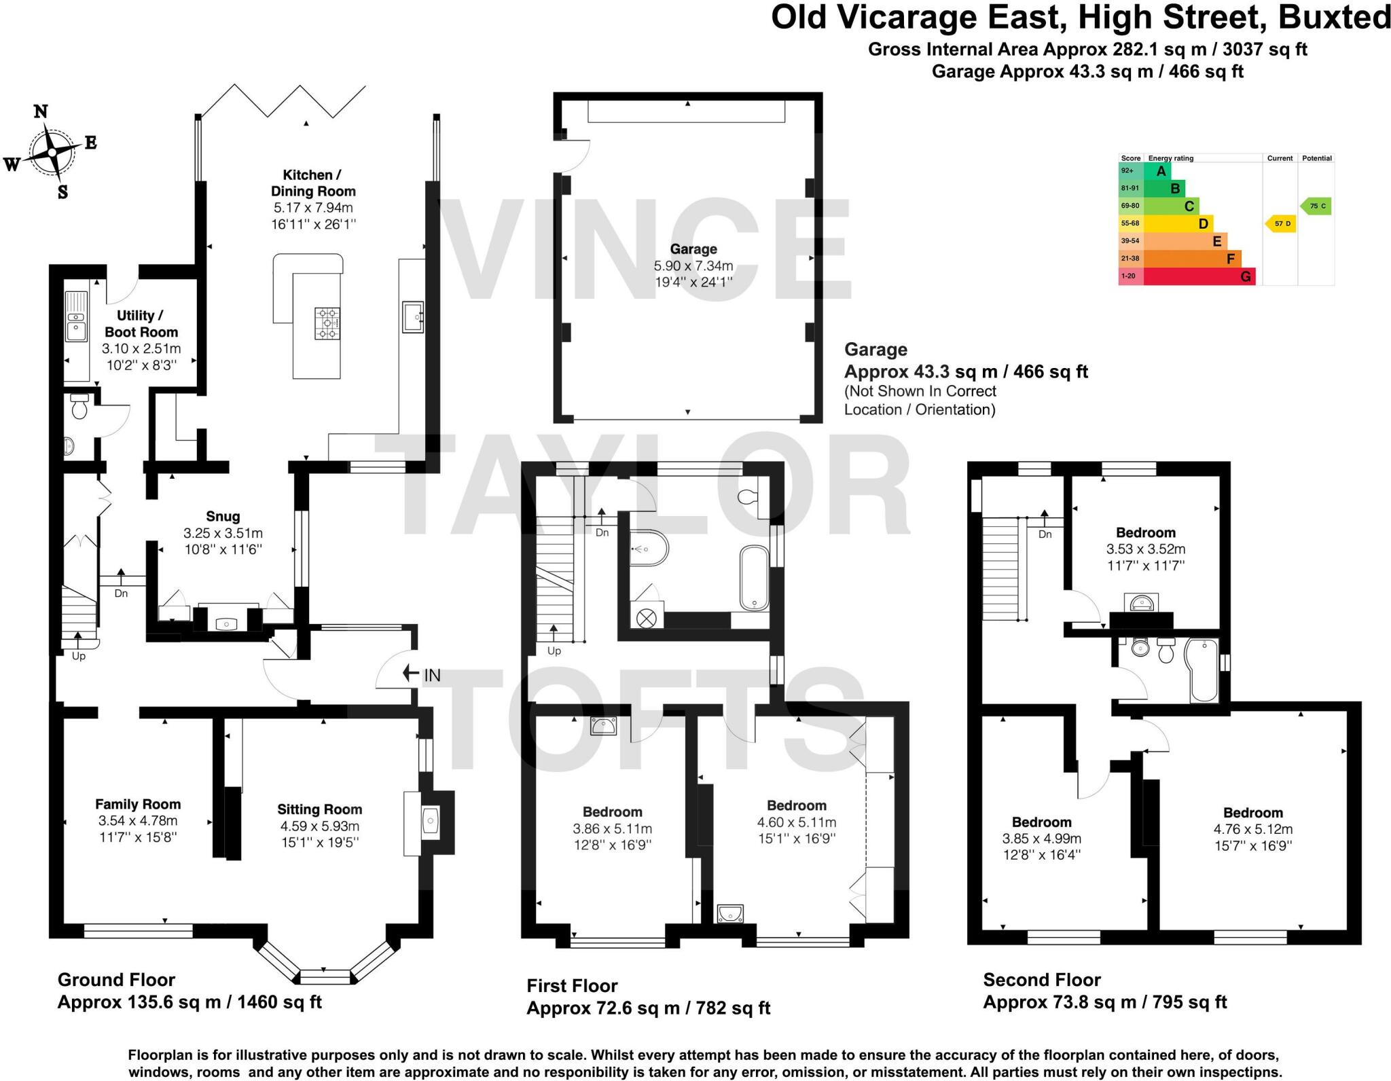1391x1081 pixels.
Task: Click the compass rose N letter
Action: [41, 111]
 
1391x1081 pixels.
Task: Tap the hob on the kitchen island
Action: [327, 323]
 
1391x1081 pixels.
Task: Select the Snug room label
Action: [223, 517]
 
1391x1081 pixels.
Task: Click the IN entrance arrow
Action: [410, 674]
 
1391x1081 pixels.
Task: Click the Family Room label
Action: [138, 805]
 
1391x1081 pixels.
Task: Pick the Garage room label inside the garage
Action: [693, 249]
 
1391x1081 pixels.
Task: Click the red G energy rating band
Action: [1199, 276]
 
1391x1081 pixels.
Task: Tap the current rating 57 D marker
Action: [1280, 223]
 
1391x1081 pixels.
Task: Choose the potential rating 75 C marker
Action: [1316, 206]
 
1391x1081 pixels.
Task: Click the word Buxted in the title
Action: [1334, 17]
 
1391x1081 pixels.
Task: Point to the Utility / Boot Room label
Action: [141, 324]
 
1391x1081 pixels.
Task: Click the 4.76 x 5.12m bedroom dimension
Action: [1253, 829]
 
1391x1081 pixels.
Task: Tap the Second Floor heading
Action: [1042, 980]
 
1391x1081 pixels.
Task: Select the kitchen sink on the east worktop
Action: [413, 316]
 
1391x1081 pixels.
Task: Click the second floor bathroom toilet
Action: [1166, 650]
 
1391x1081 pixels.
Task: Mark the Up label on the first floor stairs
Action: [554, 651]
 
